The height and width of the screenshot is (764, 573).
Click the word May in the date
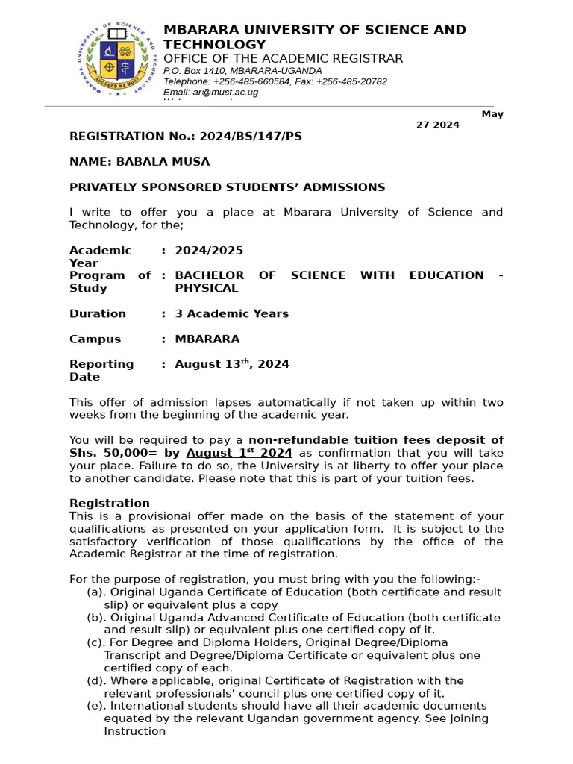pyautogui.click(x=492, y=114)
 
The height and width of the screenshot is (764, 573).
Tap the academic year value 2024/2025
pyautogui.click(x=209, y=251)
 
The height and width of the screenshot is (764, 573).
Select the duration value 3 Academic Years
pyautogui.click(x=231, y=314)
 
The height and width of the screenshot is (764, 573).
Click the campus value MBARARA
pyautogui.click(x=207, y=339)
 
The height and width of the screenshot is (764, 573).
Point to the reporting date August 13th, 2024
pyautogui.click(x=231, y=364)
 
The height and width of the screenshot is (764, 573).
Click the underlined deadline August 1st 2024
pyautogui.click(x=239, y=453)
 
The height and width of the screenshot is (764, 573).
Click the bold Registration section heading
pyautogui.click(x=110, y=504)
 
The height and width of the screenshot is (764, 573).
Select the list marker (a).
pyautogui.click(x=95, y=592)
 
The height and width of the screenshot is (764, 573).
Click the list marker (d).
pyautogui.click(x=95, y=681)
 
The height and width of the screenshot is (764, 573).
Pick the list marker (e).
pyautogui.click(x=95, y=706)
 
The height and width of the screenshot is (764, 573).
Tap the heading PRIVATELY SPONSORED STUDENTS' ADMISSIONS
pyautogui.click(x=228, y=187)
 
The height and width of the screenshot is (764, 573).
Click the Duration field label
pyautogui.click(x=98, y=314)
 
